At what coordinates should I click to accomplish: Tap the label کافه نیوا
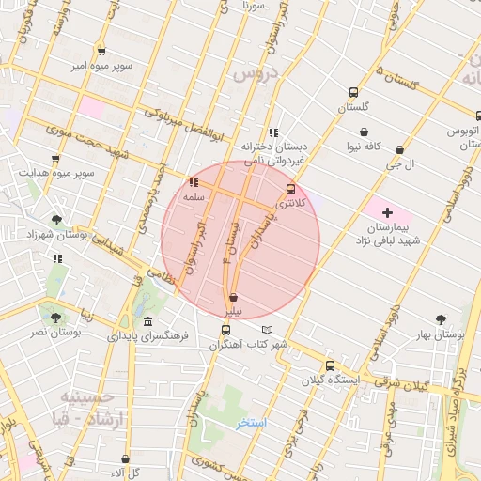364,147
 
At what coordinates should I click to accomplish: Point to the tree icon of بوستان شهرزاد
57,220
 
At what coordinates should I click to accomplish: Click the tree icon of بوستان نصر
55,318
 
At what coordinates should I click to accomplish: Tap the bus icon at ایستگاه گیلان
329,365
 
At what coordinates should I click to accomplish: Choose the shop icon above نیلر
232,296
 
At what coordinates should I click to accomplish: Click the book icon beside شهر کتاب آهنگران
268,330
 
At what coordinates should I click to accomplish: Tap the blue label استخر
252,422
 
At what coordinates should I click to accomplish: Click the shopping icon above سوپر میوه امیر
101,52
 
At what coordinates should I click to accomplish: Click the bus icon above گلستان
353,92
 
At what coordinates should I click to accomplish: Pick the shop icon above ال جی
400,149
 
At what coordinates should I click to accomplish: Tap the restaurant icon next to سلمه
194,183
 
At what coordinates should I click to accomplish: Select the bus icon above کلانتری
290,189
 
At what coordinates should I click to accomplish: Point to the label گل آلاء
123,472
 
